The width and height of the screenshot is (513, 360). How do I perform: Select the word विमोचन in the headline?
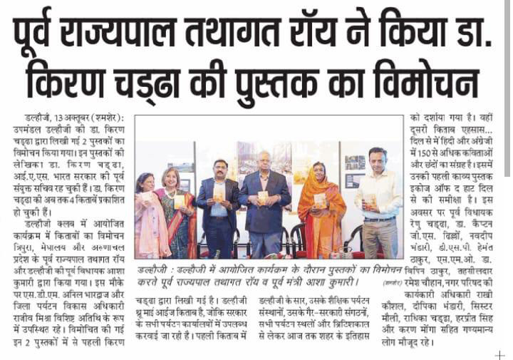(x=430, y=78)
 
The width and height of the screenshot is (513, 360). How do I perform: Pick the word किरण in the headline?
(x=72, y=78)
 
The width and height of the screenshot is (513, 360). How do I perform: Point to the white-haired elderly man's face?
(x=263, y=162)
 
